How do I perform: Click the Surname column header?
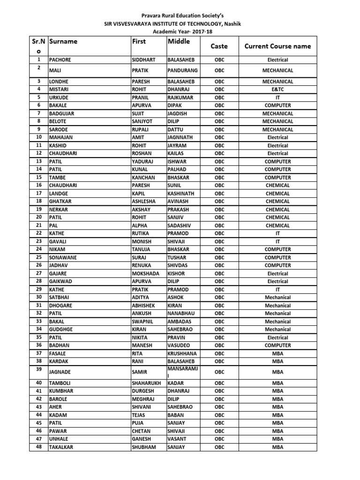click(x=63, y=41)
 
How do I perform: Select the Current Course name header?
click(x=277, y=46)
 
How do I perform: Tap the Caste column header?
click(x=219, y=46)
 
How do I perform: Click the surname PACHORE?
click(x=61, y=60)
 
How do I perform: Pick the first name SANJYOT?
click(x=143, y=121)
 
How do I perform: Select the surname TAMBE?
click(x=58, y=178)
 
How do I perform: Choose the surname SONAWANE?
click(x=63, y=257)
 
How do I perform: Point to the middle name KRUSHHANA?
click(x=183, y=353)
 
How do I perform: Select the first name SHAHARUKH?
click(x=147, y=383)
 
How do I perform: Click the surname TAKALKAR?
click(x=62, y=447)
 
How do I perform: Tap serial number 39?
click(x=39, y=369)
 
